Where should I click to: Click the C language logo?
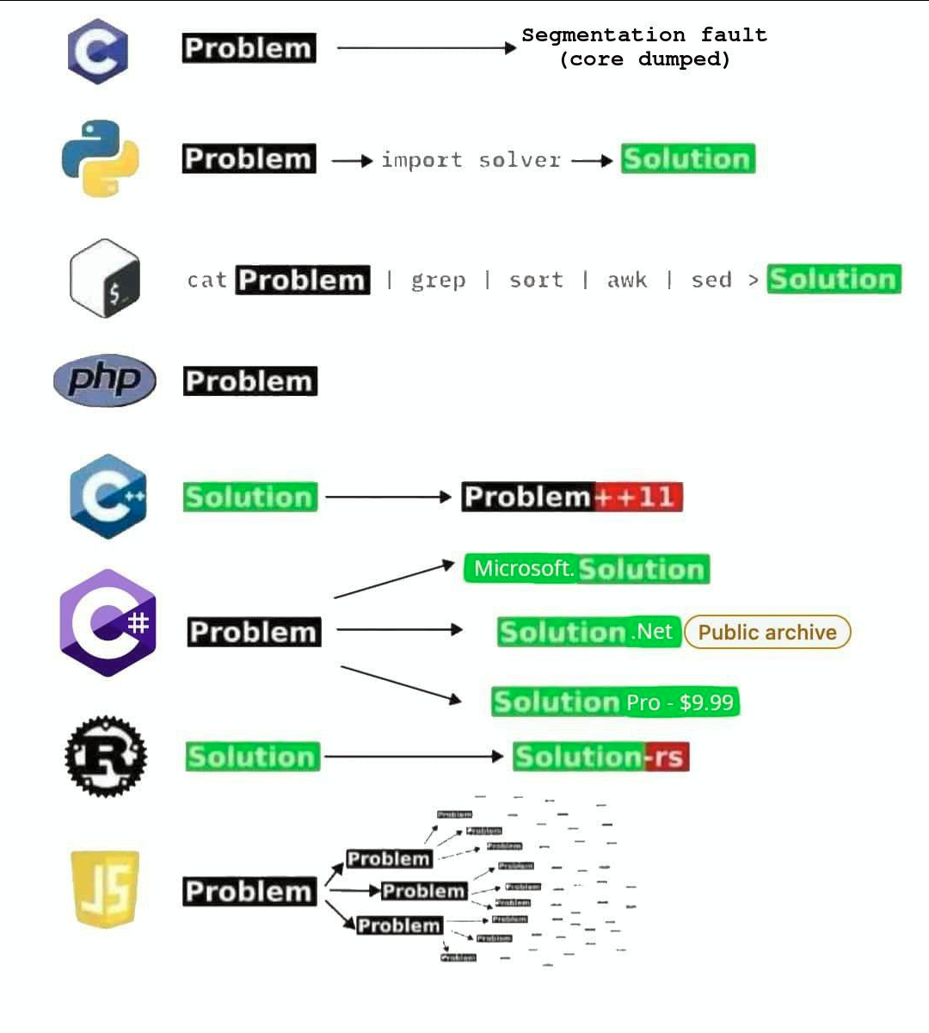pos(98,51)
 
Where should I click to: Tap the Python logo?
pos(101,158)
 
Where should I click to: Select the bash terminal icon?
pos(105,279)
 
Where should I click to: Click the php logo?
pos(105,380)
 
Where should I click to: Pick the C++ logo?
pos(108,497)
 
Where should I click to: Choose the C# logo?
pos(108,622)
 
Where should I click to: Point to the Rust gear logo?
pos(106,756)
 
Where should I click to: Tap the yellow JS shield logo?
pos(105,888)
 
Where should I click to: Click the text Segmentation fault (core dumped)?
pos(644,47)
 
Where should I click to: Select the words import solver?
pos(471,160)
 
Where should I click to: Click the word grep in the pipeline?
pos(438,280)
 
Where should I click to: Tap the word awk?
pos(627,280)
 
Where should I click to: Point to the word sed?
pos(711,280)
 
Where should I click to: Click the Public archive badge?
pos(767,632)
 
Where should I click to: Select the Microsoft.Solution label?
pos(588,569)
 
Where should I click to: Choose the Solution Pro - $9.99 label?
pos(615,702)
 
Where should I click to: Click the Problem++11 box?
pos(572,497)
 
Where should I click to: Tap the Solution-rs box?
pos(601,757)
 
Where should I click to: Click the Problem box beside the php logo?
pos(250,381)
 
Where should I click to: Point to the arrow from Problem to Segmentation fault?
pos(426,48)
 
